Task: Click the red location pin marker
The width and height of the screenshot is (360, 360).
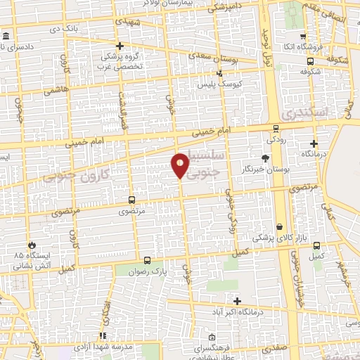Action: click(x=181, y=165)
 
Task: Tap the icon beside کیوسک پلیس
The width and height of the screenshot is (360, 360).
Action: click(x=219, y=72)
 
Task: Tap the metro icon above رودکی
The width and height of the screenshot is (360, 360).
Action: click(x=276, y=129)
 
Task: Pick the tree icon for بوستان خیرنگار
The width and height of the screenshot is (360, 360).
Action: click(x=265, y=158)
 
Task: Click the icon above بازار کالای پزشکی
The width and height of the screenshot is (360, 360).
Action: click(x=281, y=227)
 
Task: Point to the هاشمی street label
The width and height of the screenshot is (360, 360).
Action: click(x=53, y=91)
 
